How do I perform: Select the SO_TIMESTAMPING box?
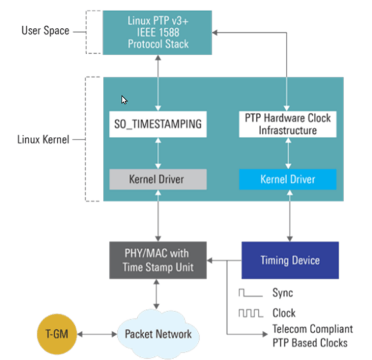159,124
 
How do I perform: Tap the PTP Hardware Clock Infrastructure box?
288,124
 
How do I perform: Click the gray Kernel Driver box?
159,179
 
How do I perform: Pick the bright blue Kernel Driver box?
288,179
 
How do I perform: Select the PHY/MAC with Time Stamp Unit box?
159,258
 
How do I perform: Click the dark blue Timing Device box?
290,260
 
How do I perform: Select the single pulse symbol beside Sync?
250,292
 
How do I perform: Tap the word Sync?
283,292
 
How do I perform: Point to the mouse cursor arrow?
125,100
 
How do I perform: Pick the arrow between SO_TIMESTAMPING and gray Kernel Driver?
159,152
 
